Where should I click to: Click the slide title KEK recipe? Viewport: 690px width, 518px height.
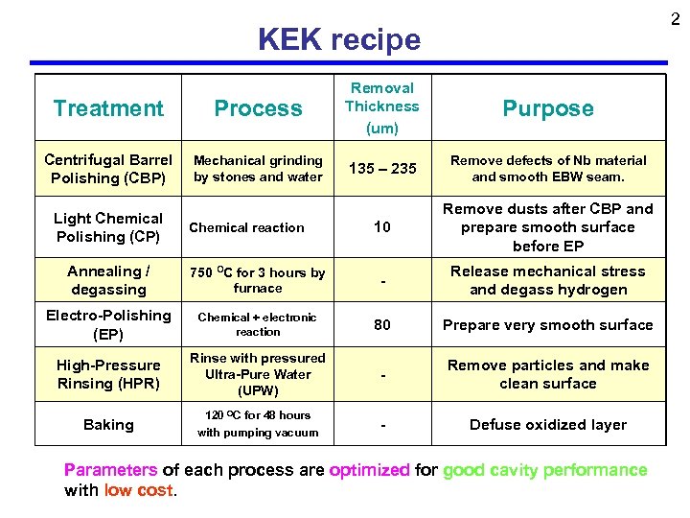point(339,39)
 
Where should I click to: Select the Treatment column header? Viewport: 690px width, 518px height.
point(108,108)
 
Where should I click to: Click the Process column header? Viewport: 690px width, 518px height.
point(258,108)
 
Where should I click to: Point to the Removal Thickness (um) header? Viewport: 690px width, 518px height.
point(381,107)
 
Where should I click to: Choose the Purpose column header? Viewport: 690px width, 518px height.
point(547,108)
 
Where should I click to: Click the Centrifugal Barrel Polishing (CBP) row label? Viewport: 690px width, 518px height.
point(108,169)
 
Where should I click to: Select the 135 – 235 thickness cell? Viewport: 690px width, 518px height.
point(382,169)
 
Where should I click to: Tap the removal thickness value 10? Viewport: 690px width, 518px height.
point(382,227)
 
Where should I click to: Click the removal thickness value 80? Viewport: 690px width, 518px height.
point(382,324)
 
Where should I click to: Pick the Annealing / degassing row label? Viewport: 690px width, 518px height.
point(108,280)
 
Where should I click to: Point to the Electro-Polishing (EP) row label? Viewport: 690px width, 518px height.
point(108,324)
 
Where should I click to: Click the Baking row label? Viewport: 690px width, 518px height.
point(108,424)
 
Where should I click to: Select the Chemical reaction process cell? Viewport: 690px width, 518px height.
point(246,227)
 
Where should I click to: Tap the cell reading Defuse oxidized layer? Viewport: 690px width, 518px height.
point(547,424)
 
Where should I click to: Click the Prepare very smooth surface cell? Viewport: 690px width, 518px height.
point(547,324)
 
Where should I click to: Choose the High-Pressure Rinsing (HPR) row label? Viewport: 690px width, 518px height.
point(108,374)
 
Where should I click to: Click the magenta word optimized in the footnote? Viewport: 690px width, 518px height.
point(369,470)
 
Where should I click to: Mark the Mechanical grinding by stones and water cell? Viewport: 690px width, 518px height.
point(258,169)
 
